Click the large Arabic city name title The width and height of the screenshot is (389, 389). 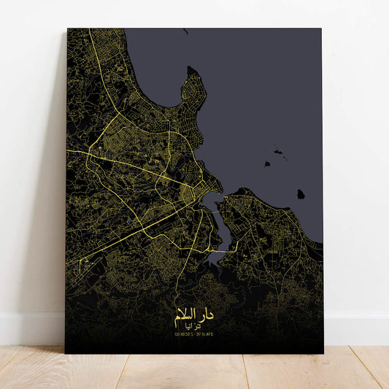(x=194, y=316)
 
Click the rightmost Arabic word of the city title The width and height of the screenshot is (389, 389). (x=209, y=316)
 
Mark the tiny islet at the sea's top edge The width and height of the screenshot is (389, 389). (x=185, y=31)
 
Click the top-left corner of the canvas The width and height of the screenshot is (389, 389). (x=68, y=29)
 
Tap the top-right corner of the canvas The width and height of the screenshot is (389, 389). (x=322, y=30)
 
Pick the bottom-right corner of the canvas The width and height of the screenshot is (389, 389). (x=322, y=353)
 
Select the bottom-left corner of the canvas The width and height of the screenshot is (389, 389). (x=66, y=353)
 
